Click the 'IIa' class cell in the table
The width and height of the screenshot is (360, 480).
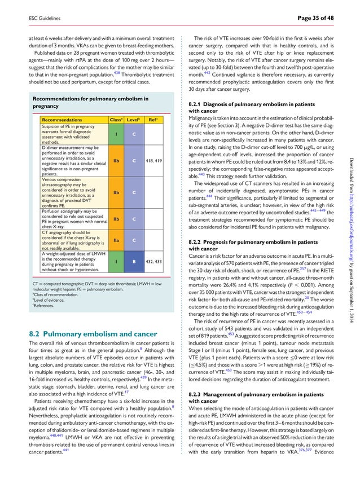pyautogui.click(x=116, y=240)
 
